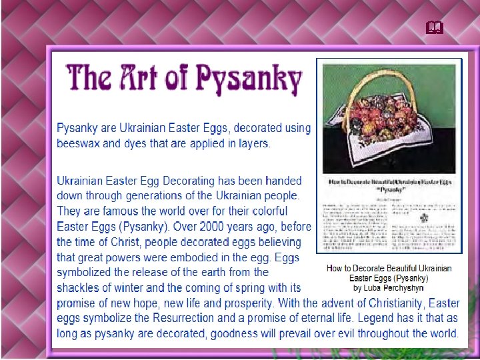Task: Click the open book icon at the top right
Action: (x=435, y=27)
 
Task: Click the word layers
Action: (x=251, y=143)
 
